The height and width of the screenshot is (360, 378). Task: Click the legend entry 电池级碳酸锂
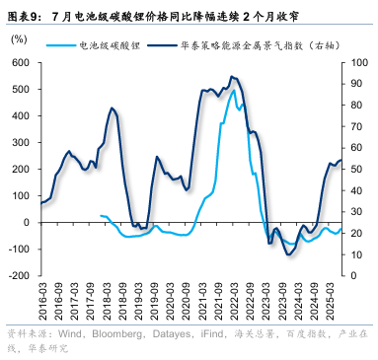pyautogui.click(x=110, y=45)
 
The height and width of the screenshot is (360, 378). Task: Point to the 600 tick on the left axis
pyautogui.click(x=21, y=63)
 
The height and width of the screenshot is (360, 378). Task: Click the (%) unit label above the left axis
pyautogui.click(x=20, y=39)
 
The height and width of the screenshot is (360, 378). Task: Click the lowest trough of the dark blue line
pyautogui.click(x=288, y=255)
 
